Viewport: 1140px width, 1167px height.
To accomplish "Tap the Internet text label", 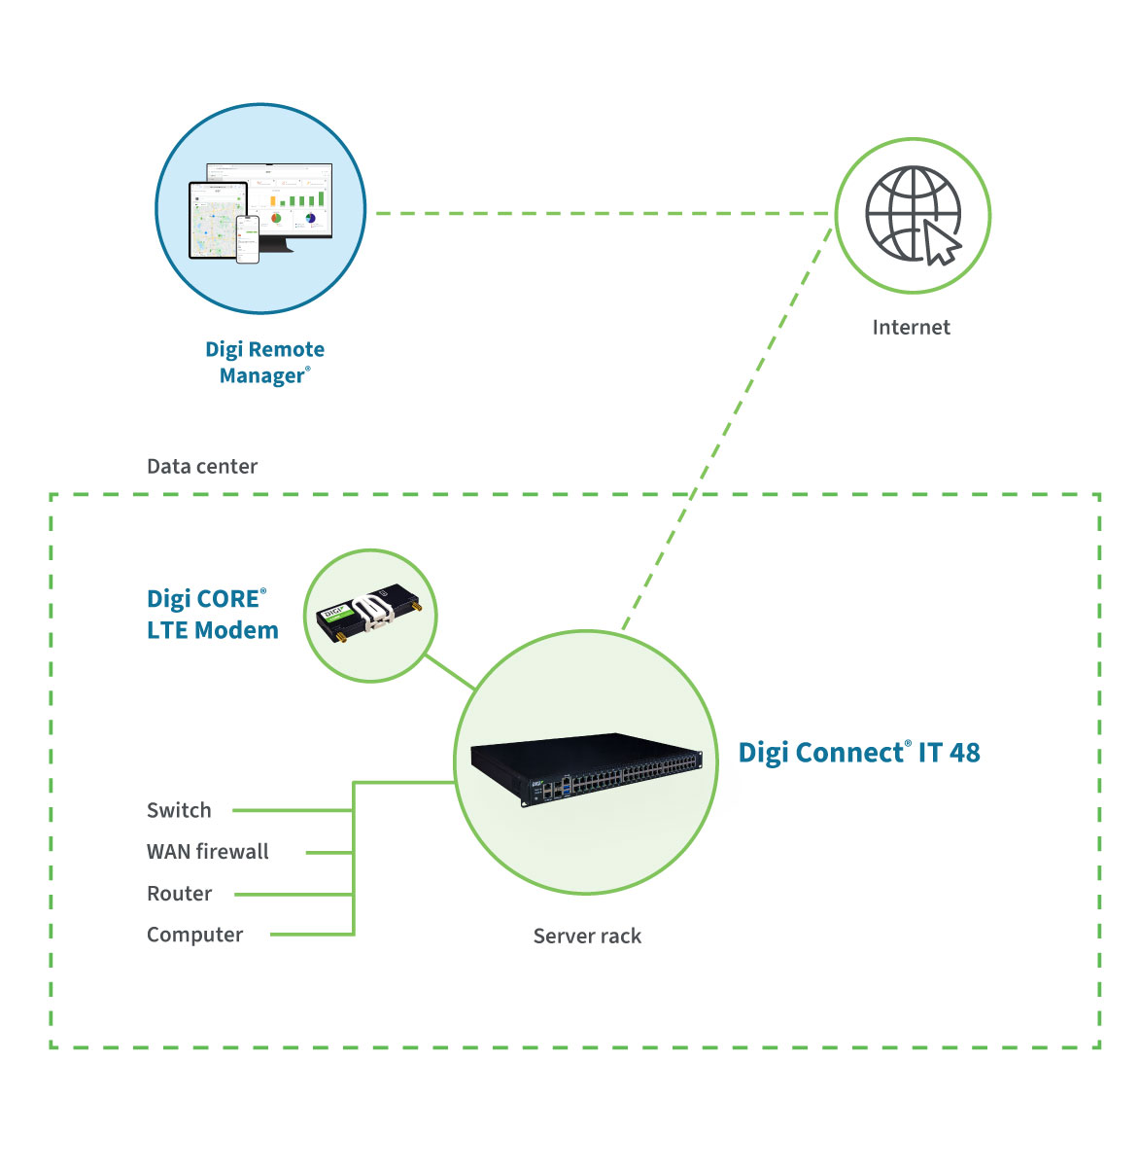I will click(x=911, y=328).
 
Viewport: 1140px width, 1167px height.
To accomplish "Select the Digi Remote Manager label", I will click(x=264, y=362).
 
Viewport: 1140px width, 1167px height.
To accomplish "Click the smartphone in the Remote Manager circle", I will click(x=247, y=238).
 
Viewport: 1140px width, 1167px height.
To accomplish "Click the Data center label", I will click(x=202, y=467).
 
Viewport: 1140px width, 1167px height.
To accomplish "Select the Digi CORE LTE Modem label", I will click(x=213, y=615).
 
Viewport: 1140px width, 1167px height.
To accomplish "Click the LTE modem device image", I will click(x=370, y=615).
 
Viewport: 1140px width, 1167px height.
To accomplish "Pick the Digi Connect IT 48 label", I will click(x=858, y=753).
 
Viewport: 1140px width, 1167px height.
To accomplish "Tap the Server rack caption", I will click(x=587, y=937).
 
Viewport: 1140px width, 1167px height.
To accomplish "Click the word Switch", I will click(x=179, y=810).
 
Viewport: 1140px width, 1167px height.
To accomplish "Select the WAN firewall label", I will click(x=208, y=852).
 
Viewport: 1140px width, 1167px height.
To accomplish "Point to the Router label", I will click(x=179, y=894).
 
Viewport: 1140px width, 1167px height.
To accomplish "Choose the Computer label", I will click(x=194, y=936).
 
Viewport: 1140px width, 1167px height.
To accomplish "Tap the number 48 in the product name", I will click(x=964, y=753).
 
